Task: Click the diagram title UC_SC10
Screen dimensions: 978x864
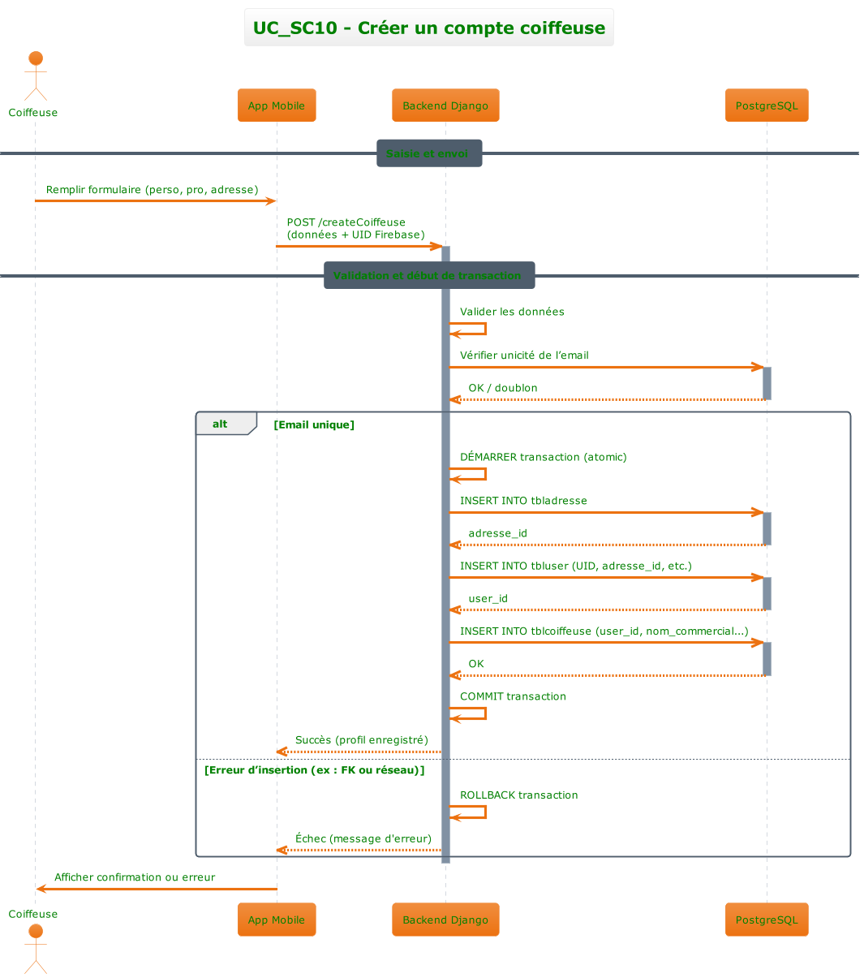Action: [428, 28]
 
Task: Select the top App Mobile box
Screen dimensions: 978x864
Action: [277, 106]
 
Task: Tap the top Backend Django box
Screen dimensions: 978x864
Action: [445, 106]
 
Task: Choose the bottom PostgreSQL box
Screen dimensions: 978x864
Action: [767, 920]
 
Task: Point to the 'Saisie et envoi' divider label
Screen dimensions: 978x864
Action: [428, 153]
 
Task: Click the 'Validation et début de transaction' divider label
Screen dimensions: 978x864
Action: [428, 275]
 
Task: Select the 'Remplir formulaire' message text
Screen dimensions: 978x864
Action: [152, 190]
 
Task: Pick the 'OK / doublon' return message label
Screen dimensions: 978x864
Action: [502, 388]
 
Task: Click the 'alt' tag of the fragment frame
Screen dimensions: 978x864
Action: [221, 424]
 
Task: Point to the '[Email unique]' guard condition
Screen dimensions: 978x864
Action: [315, 424]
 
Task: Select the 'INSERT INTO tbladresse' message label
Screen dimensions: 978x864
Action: [523, 501]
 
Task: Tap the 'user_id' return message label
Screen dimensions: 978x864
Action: [488, 598]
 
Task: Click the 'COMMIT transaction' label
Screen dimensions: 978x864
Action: [513, 696]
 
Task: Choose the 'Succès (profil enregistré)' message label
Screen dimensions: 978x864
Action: [361, 740]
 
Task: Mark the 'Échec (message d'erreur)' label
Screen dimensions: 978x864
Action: [363, 838]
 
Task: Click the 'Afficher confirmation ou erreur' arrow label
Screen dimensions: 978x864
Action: [135, 877]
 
